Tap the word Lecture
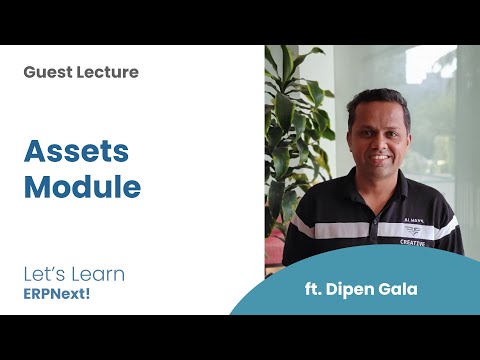107,72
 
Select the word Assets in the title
76,151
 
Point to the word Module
82,187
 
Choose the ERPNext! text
62,294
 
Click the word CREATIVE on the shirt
413,241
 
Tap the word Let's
43,273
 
